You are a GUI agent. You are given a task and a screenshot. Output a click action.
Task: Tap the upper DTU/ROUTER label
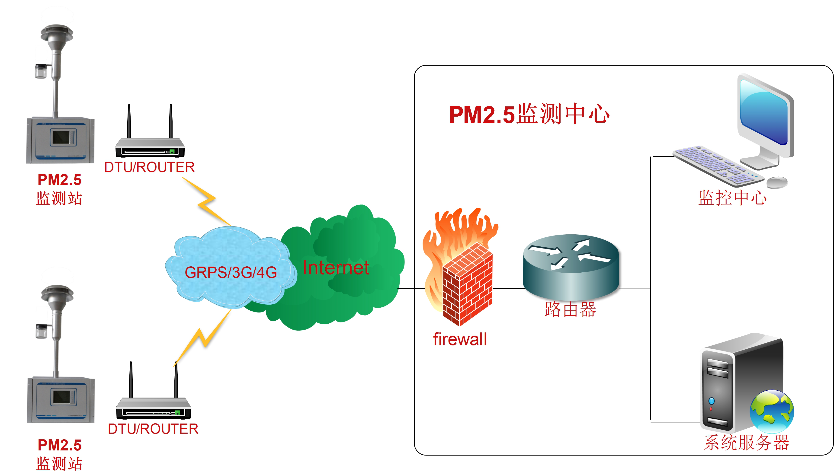tap(149, 167)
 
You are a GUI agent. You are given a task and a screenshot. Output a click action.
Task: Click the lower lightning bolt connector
tap(204, 338)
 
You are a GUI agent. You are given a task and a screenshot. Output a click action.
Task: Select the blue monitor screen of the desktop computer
tap(763, 113)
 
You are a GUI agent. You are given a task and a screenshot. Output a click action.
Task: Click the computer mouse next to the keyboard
tap(776, 182)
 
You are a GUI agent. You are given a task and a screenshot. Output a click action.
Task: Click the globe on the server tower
tap(771, 412)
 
